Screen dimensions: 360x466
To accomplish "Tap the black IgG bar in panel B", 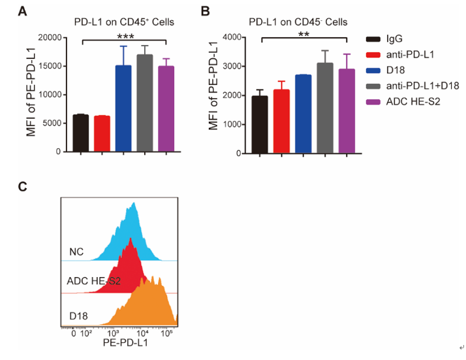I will tap(260, 124).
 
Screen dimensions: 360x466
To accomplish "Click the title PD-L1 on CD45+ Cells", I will tap(124, 22).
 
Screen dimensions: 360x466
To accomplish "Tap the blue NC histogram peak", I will tap(134, 208).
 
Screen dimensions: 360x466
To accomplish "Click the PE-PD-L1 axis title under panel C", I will tap(125, 342).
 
